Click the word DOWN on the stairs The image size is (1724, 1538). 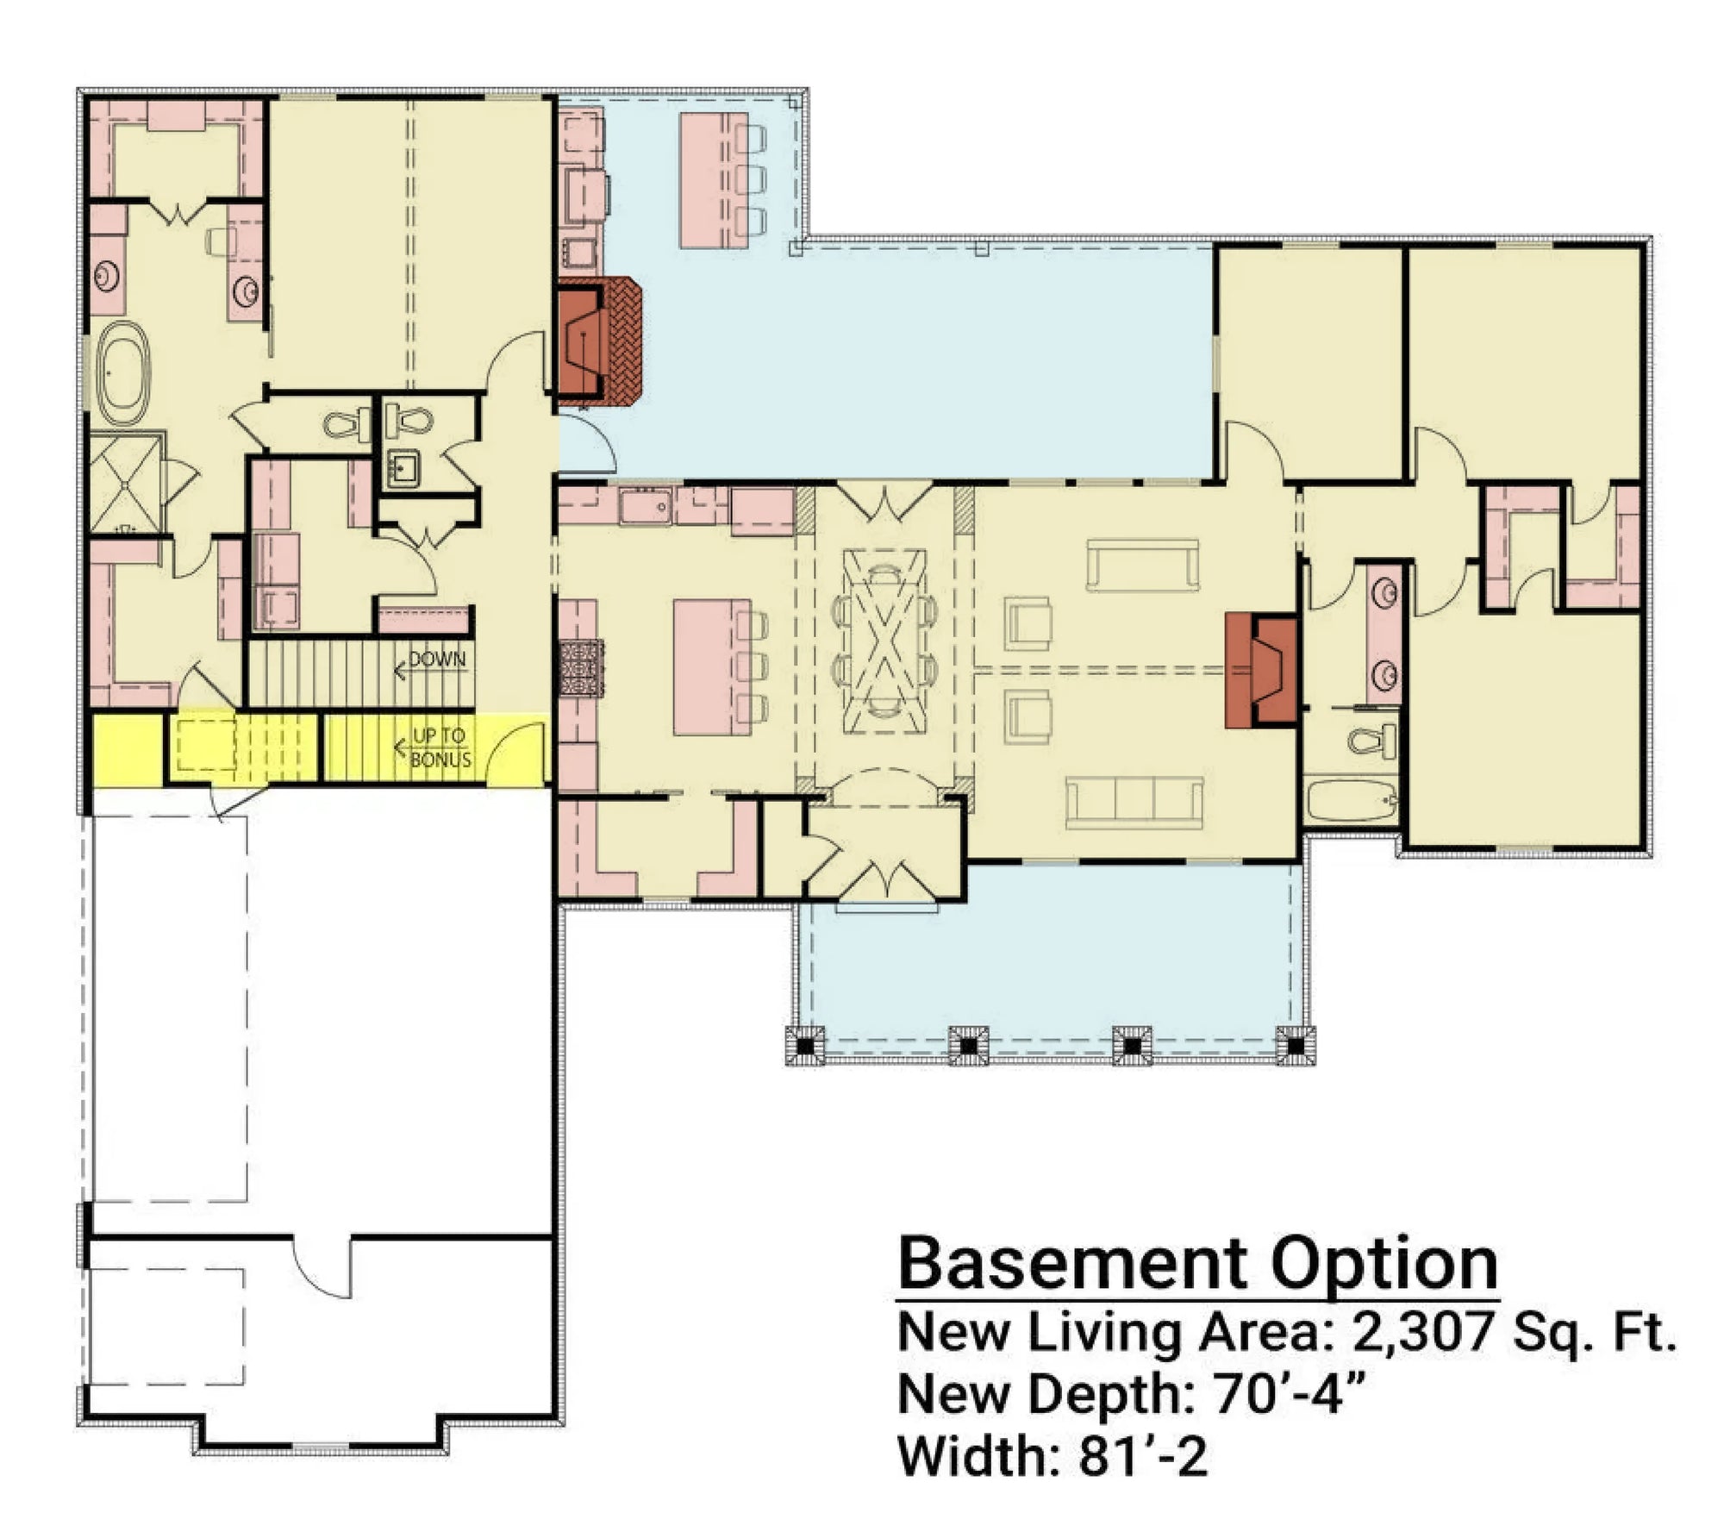pos(437,660)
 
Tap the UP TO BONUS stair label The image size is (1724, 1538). pos(441,747)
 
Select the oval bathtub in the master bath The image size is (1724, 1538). pos(123,372)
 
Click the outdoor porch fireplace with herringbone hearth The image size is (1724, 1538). pos(601,341)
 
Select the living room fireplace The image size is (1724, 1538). pos(1262,670)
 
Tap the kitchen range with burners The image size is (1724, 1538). pos(582,667)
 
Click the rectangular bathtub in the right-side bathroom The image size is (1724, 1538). pos(1352,802)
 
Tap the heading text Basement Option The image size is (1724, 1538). pos(1197,1265)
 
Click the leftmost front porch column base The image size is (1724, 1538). pos(806,1045)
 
